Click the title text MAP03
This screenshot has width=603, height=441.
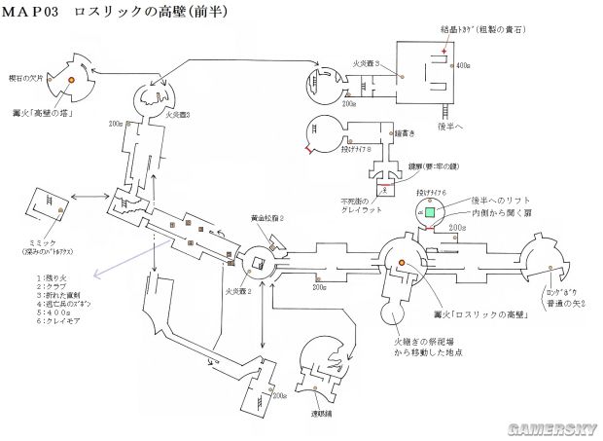click(x=35, y=14)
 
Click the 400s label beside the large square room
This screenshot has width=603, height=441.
click(x=463, y=65)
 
